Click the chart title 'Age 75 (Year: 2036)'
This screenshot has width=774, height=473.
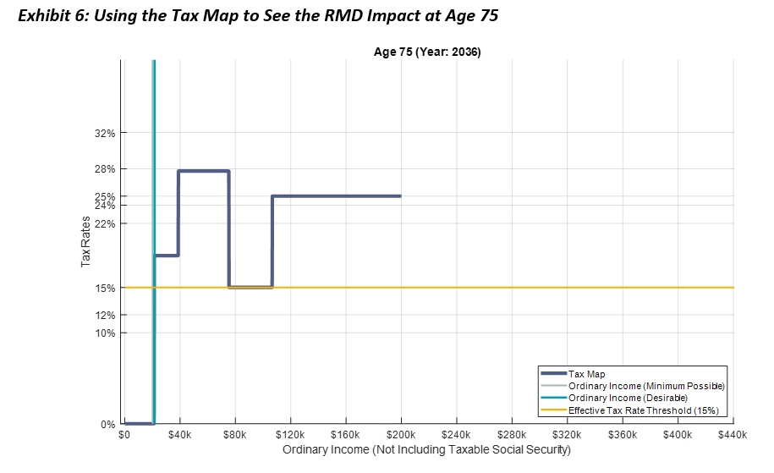(427, 52)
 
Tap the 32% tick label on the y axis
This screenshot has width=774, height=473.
(105, 133)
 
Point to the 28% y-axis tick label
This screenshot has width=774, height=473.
(105, 169)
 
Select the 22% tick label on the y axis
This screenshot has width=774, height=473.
(105, 223)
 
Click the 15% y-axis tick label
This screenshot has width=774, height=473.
(105, 288)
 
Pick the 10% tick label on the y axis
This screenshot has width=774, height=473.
(105, 333)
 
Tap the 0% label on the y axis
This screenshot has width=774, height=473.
(107, 424)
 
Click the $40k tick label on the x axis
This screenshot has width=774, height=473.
(179, 435)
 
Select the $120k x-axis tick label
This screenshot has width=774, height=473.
(290, 435)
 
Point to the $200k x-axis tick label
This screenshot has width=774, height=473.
(401, 435)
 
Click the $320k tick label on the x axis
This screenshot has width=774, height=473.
(567, 435)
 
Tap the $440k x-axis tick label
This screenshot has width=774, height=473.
(733, 435)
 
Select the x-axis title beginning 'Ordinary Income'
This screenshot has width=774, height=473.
(426, 449)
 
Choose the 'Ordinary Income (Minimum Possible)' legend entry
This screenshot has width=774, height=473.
(646, 386)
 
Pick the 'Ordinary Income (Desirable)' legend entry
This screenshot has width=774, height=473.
(628, 398)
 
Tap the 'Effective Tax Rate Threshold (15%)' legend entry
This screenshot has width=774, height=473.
(643, 410)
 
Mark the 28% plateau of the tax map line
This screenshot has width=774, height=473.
(204, 171)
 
